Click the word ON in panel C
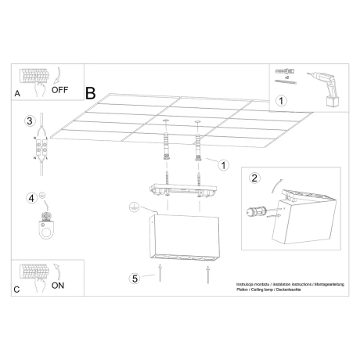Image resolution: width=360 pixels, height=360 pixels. tap(58, 286)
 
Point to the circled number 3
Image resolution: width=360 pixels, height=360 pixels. tap(29, 121)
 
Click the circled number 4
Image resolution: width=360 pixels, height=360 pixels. tap(31, 198)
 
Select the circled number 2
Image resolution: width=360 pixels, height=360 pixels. tap(254, 178)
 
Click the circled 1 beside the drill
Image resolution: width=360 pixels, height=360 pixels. tap(283, 100)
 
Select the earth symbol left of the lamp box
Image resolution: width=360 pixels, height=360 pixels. tap(135, 207)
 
